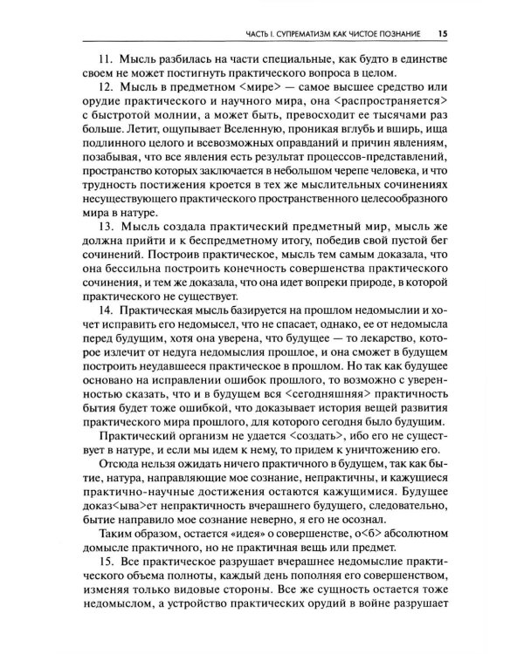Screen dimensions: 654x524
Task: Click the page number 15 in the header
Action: (443, 34)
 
